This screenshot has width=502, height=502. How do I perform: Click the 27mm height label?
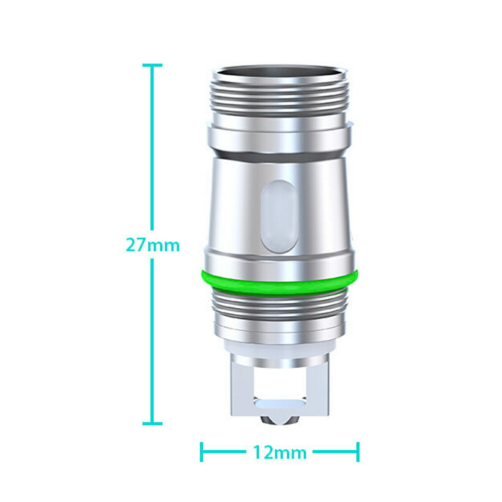(153, 245)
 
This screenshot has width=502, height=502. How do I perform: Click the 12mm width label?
(279, 452)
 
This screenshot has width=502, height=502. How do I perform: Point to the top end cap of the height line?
(152, 65)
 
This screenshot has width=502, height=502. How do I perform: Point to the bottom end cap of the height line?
(152, 423)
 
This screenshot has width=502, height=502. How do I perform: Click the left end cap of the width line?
(202, 452)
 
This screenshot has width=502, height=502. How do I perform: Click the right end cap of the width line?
(358, 452)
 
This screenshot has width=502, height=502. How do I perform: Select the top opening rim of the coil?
(279, 71)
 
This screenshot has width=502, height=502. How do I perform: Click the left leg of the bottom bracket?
(240, 387)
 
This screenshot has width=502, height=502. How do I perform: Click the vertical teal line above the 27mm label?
(152, 146)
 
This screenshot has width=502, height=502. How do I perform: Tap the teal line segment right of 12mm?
(335, 452)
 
